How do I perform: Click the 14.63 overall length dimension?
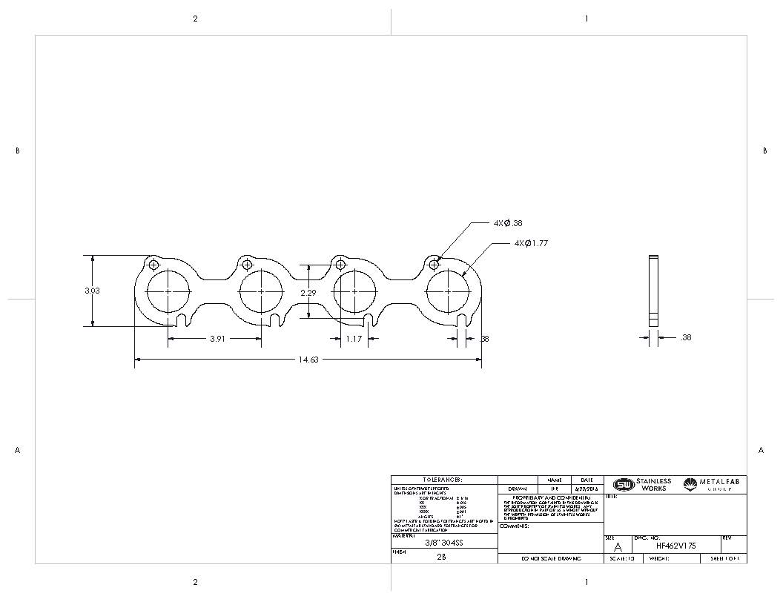pyautogui.click(x=308, y=360)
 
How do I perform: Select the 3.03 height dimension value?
pyautogui.click(x=92, y=291)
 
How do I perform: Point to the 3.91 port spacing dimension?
pyautogui.click(x=217, y=339)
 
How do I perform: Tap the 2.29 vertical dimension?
pyautogui.click(x=308, y=293)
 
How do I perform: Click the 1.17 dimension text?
pyautogui.click(x=354, y=339)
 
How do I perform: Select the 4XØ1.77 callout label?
pyautogui.click(x=531, y=243)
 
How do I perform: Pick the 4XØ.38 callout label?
pyautogui.click(x=509, y=222)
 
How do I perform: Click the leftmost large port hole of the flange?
pyautogui.click(x=168, y=292)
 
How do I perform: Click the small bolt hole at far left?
pyautogui.click(x=153, y=265)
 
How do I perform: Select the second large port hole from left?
pyautogui.click(x=261, y=292)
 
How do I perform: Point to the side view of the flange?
pyautogui.click(x=652, y=291)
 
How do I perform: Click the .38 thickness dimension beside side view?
pyautogui.click(x=685, y=337)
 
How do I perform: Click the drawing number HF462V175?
pyautogui.click(x=675, y=546)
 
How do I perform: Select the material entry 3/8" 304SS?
pyautogui.click(x=443, y=542)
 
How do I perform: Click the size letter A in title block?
pyautogui.click(x=618, y=546)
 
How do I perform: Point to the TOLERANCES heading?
pyautogui.click(x=443, y=480)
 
